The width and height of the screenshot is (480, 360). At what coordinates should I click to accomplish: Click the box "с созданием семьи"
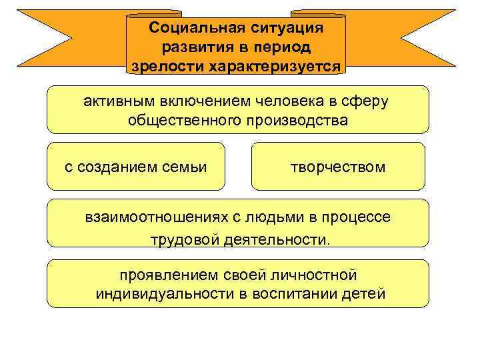[136, 166]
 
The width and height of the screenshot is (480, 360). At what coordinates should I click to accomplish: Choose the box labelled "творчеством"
[337, 166]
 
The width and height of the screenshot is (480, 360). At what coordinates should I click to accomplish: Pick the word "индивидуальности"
[161, 293]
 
